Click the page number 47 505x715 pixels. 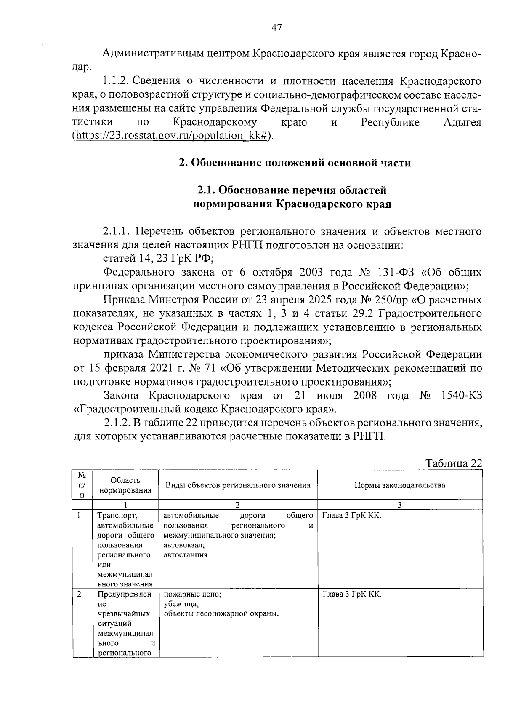276,28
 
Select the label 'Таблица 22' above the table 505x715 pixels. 454,463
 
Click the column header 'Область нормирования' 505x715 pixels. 125,485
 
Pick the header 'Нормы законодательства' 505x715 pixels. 399,485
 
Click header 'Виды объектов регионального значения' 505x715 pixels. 238,485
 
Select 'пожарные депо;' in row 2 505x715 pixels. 192,594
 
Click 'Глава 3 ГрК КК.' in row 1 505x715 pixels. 351,516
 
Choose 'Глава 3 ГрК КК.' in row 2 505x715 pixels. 351,594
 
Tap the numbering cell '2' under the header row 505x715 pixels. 237,505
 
